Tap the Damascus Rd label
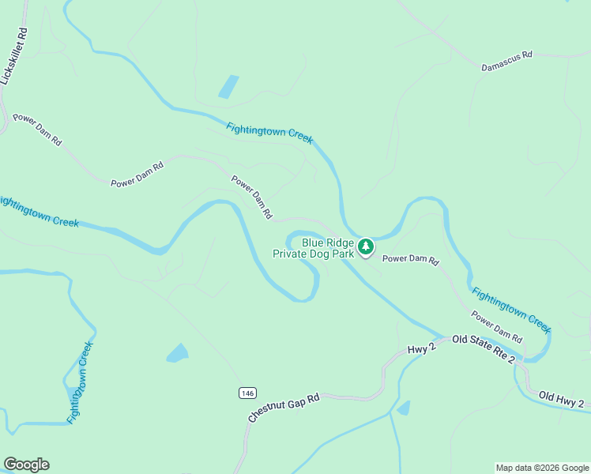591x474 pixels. coord(507,62)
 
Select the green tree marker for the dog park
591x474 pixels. coord(366,247)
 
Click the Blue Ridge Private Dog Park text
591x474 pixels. coord(313,249)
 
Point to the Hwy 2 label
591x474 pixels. coord(422,348)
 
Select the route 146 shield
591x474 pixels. coord(247,392)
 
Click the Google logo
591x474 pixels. coord(26,465)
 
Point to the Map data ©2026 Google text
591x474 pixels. coord(541,468)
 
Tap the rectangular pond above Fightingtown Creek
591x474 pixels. coord(228,86)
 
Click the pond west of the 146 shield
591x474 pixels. coord(178,352)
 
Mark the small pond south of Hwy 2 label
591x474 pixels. coord(404,408)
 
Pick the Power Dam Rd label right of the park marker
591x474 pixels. coord(410,259)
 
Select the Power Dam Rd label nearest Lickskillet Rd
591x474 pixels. coord(37,130)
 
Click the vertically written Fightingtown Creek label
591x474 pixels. coord(80,382)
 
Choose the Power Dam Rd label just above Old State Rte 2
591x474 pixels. coord(497,326)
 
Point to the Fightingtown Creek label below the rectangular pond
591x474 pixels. coord(269,133)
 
